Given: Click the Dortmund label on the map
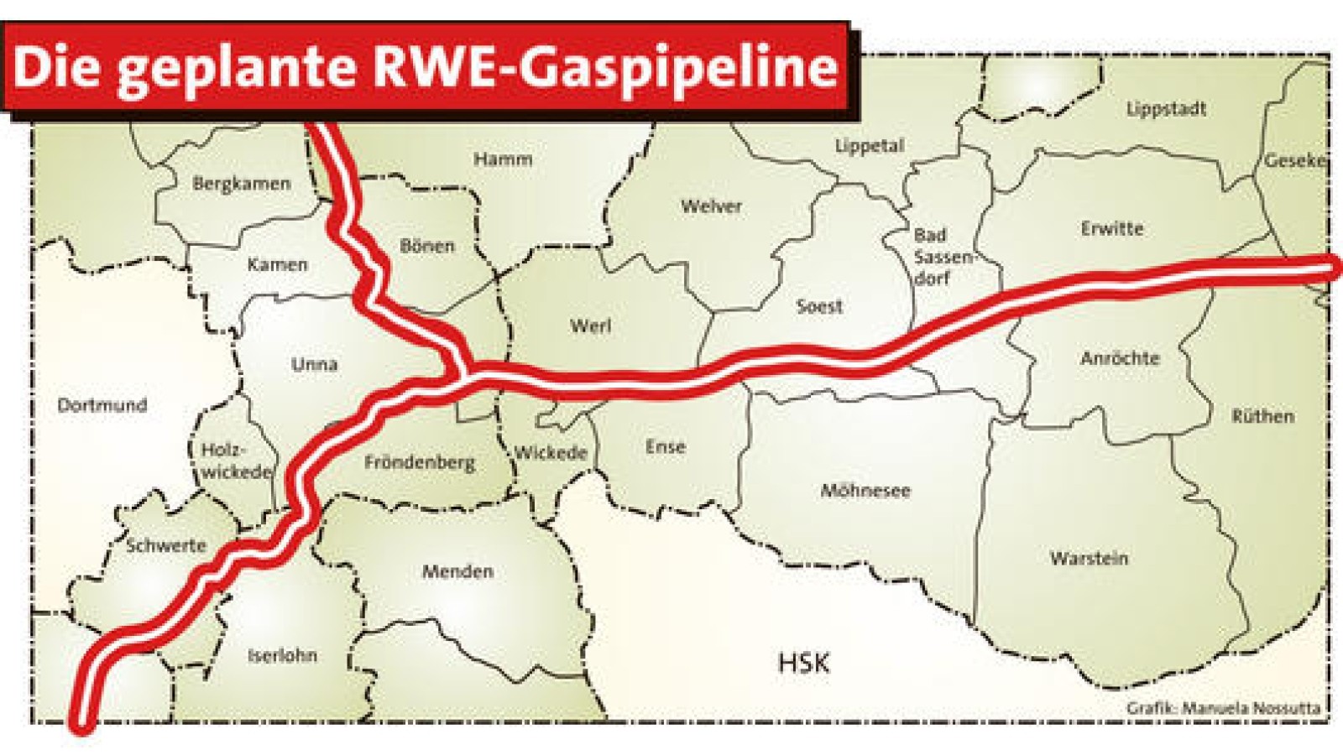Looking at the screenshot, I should coord(102,405).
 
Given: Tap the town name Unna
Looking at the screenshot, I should coord(314,364).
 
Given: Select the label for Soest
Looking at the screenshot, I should coord(818,306).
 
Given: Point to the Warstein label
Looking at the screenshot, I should coord(1089,558).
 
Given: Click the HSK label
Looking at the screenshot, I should coord(803,663).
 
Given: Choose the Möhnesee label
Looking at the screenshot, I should coord(865,490).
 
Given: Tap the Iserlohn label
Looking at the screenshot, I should coord(282,655).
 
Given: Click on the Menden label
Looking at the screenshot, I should coord(457,571).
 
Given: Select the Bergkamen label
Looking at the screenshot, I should coord(241,184).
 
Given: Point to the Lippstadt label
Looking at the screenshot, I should coord(1166,109).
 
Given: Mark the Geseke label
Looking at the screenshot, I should coord(1294,160).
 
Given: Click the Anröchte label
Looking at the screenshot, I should coord(1120,358).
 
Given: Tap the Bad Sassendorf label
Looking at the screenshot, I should coord(938,256).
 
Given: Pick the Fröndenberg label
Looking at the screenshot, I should coord(419,462).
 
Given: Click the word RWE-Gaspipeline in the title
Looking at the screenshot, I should coord(604,67).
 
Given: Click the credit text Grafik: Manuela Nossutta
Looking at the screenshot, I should coord(1223,708).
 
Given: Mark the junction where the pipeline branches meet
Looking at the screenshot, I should coord(462,373).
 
